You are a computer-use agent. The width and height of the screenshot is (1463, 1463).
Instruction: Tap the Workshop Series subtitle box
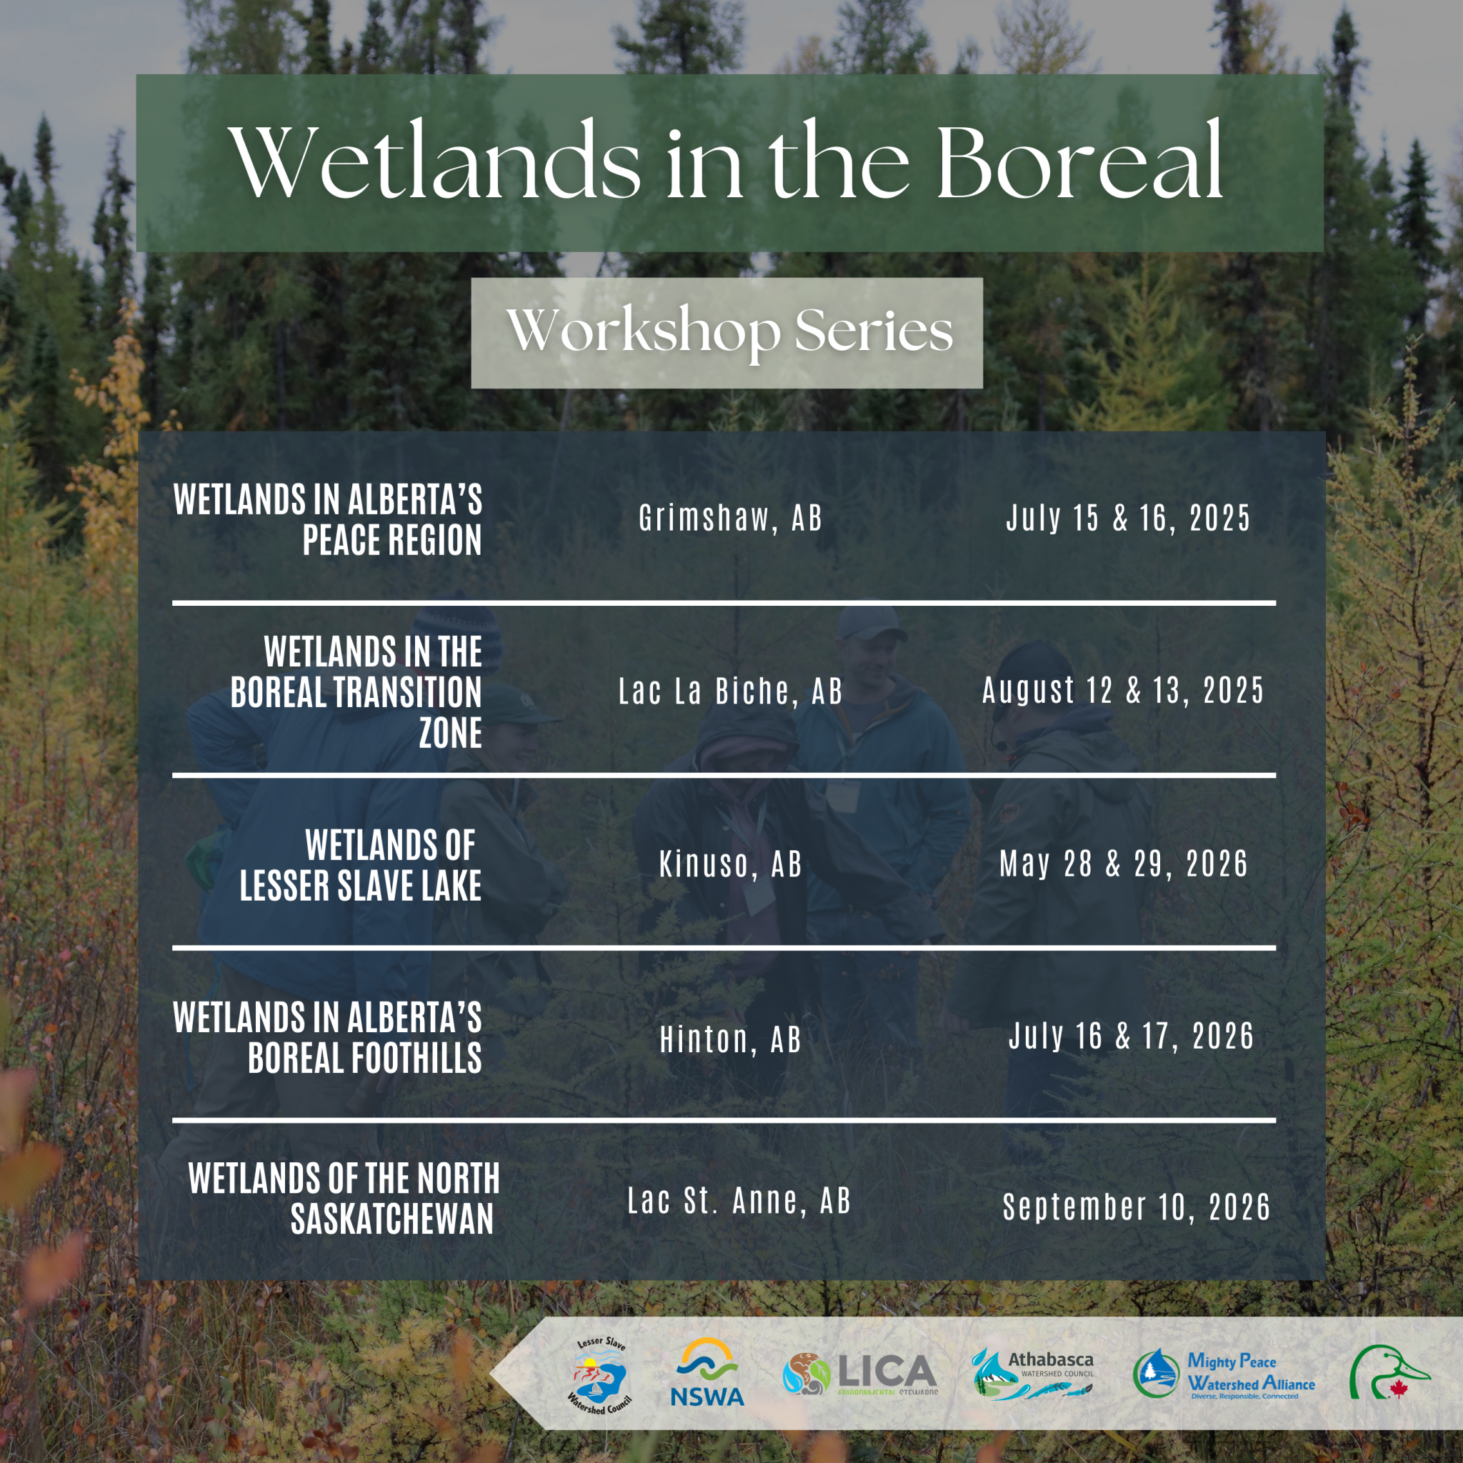tap(727, 332)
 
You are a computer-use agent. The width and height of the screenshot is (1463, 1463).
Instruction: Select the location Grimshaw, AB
tap(730, 519)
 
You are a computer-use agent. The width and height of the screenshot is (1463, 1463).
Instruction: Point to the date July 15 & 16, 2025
tap(1127, 519)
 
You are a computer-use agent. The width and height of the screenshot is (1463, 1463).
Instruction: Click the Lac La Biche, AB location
tap(730, 691)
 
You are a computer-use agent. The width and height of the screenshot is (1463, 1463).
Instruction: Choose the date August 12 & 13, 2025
tap(1123, 690)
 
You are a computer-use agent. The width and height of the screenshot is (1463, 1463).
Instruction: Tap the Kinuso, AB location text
tap(730, 864)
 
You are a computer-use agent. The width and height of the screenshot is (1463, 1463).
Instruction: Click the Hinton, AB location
tap(730, 1039)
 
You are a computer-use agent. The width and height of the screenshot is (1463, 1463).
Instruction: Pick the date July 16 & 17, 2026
tap(1131, 1036)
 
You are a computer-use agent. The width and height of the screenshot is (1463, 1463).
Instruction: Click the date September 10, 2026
tap(1136, 1207)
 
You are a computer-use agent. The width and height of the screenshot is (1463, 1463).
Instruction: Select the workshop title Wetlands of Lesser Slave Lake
tap(361, 866)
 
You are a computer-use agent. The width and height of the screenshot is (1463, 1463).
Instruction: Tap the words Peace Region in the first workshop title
tap(391, 540)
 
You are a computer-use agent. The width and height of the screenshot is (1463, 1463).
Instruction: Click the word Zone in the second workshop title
tap(451, 733)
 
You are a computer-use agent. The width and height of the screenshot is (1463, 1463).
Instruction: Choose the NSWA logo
tap(707, 1372)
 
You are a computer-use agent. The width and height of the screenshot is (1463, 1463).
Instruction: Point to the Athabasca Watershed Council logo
tap(1033, 1372)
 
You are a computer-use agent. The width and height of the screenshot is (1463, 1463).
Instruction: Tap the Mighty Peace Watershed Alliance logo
tap(1224, 1374)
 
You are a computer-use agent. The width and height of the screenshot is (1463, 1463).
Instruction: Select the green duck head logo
tap(1387, 1372)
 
